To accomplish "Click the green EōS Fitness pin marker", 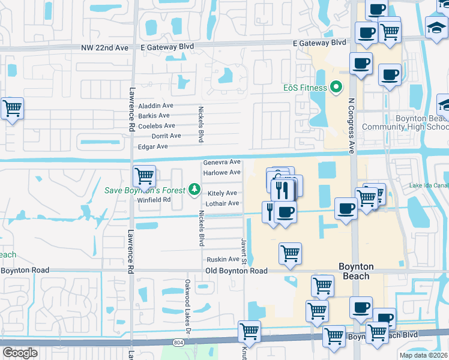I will (x=336, y=88).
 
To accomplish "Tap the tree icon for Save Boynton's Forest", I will (x=194, y=190).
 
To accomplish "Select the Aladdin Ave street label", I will (x=155, y=105).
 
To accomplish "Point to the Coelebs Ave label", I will (x=157, y=126).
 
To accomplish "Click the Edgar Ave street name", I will (x=153, y=146).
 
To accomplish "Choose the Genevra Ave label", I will (x=221, y=162).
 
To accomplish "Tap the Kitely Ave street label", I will (x=222, y=193).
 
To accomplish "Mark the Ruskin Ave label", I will (x=223, y=259).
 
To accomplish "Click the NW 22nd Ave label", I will (x=106, y=47).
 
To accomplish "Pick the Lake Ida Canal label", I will (x=429, y=185).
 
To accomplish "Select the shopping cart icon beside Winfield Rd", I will (x=144, y=176).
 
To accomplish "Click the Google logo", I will (x=20, y=352).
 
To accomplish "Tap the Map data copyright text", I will (x=424, y=355).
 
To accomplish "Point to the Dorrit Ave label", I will (x=166, y=136).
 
